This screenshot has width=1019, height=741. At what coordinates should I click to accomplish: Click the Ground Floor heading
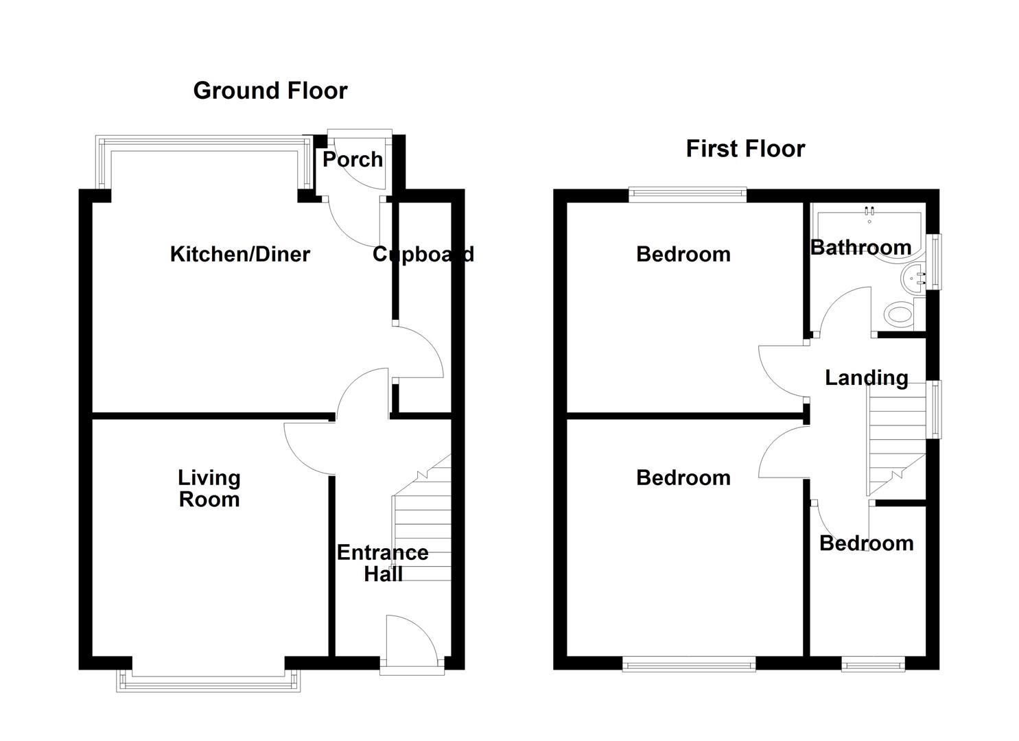[270, 91]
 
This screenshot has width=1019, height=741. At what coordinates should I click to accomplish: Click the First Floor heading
[745, 149]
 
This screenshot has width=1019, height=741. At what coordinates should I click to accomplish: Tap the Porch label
[353, 160]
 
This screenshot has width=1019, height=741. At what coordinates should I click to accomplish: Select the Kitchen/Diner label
[239, 255]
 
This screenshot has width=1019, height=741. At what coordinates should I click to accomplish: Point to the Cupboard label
[423, 255]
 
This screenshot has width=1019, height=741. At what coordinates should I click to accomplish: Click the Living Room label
[209, 489]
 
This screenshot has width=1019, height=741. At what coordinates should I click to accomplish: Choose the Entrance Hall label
[382, 563]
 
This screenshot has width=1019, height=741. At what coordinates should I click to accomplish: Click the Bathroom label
[860, 248]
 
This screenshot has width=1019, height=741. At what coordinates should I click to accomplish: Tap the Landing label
[866, 378]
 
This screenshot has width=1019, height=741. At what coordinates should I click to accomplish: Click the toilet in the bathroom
[899, 316]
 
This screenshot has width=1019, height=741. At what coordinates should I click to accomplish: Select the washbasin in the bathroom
[913, 278]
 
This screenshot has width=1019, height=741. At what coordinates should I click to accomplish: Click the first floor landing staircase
[895, 439]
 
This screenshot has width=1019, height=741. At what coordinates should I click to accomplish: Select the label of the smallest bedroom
[866, 543]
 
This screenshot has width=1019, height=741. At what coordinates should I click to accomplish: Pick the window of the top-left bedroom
[687, 196]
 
